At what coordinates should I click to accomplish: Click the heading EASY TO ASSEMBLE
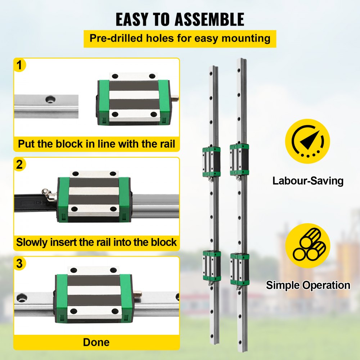pos(180,19)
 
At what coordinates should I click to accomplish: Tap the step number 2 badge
pos(21,165)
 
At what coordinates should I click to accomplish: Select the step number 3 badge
pos(21,264)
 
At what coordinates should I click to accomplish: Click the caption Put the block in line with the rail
pos(96,144)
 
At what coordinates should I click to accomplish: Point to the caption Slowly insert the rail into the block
pos(96,242)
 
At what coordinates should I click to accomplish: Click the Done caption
pos(96,342)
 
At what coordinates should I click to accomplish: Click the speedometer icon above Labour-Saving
pos(307,141)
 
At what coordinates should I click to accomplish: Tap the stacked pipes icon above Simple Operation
pos(307,245)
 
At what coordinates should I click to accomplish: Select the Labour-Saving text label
pos(308,180)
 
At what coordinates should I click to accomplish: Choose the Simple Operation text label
pos(308,285)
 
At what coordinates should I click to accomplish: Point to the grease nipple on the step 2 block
pos(48,194)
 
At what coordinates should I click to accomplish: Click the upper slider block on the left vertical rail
pos(211,162)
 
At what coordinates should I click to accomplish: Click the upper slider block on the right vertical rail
pos(240,159)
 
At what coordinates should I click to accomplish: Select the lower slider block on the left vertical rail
pos(212,266)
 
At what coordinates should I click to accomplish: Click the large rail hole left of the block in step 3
pos(22,297)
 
